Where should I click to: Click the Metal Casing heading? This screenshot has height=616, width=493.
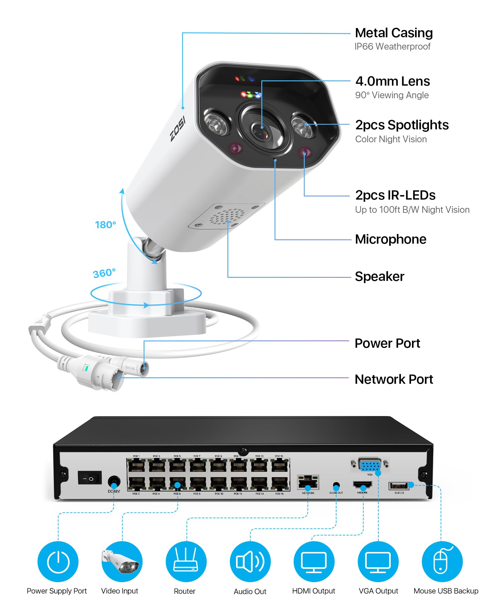[393, 33]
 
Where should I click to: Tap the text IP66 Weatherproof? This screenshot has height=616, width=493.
[392, 47]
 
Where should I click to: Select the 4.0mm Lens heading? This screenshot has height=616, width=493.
[393, 81]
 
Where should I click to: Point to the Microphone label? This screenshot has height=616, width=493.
[390, 239]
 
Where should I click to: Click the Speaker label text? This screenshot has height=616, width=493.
[379, 277]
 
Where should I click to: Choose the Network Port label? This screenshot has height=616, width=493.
[393, 379]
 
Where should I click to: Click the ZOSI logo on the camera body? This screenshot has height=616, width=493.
[178, 128]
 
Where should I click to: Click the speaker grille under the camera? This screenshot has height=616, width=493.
[227, 216]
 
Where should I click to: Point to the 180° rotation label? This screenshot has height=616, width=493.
[105, 225]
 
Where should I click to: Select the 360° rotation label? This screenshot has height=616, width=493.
[104, 273]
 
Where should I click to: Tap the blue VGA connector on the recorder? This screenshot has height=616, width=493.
[370, 464]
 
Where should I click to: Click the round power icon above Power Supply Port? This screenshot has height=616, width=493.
[58, 562]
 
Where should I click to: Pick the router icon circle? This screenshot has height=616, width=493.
[186, 562]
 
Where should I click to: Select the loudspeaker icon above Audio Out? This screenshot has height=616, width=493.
[250, 562]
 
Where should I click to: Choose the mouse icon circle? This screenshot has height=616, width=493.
[442, 562]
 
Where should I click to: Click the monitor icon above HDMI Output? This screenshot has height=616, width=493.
[314, 562]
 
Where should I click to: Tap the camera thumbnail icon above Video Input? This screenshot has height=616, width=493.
[122, 562]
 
